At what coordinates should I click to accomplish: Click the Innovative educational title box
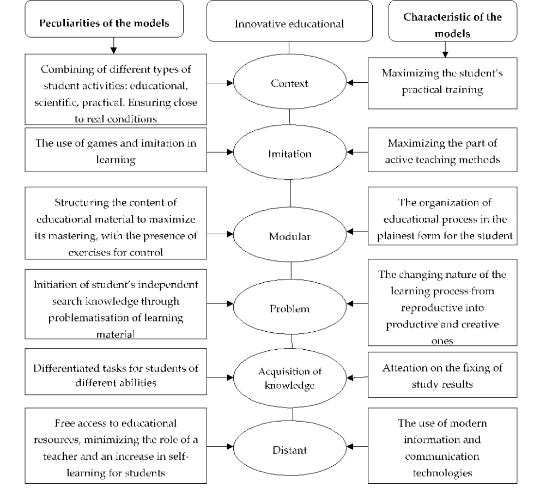tap(289, 23)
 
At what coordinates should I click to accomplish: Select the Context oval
tap(289, 83)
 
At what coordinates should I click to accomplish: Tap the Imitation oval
tap(289, 154)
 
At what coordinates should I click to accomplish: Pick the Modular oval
tap(289, 236)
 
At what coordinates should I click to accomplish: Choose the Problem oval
tap(289, 308)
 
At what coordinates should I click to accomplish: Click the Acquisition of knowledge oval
tap(289, 378)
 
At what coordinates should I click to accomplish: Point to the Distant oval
tap(289, 450)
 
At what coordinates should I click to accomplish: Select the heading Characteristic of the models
tap(452, 25)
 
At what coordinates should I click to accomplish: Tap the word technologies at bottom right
tap(442, 473)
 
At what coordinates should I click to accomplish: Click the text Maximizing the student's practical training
tap(442, 81)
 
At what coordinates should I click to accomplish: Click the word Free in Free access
tap(64, 423)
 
